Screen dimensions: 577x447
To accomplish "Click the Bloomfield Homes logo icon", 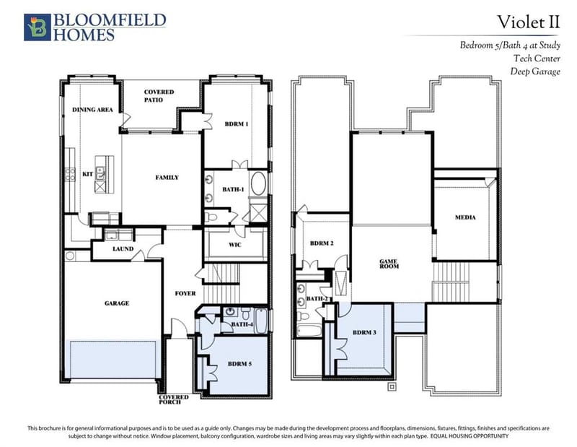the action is [38, 27].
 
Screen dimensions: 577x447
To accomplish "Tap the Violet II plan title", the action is [529, 22].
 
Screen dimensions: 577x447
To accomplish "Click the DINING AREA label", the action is [92, 110].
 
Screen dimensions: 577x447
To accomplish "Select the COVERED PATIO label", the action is [159, 96].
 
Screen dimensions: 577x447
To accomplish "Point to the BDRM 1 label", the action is [237, 123].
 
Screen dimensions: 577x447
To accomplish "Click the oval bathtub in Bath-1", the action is [258, 183].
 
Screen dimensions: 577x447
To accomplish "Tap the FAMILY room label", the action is [167, 177].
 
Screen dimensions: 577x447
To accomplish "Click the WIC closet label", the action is [235, 244].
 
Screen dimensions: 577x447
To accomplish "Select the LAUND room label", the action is [123, 248].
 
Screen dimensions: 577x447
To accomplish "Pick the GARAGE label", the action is [117, 303].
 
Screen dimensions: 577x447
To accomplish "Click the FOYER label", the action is [185, 293].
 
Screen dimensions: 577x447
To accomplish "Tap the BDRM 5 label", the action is [239, 364].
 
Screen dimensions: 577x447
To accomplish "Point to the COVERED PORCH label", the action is [174, 399].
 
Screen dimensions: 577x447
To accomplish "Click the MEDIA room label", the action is [465, 217].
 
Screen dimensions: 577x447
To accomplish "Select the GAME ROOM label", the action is [389, 264].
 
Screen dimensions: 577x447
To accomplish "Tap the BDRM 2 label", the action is [322, 243].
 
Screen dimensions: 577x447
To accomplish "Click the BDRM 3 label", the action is [364, 332].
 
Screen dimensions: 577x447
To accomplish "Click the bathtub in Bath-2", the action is [309, 331].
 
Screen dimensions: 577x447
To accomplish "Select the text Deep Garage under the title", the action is [535, 71].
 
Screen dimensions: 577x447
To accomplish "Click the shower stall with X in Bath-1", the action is [258, 213].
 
